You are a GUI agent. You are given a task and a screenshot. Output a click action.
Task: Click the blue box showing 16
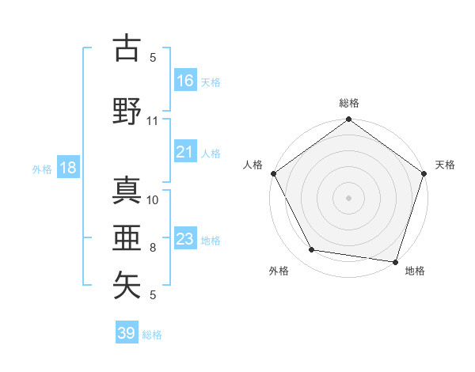[185, 81]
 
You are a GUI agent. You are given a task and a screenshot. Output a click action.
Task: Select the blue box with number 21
[185, 152]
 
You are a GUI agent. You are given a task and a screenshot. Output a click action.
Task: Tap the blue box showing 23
[185, 239]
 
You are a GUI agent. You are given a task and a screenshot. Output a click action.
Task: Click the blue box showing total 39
[127, 333]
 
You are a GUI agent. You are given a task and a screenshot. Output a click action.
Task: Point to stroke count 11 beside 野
[153, 121]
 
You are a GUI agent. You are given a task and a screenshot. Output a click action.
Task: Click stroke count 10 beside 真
[153, 199]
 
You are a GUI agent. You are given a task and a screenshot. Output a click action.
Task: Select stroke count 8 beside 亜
[153, 247]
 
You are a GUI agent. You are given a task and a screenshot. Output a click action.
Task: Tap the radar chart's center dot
[348, 197]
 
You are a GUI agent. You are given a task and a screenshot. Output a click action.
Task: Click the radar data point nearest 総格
[348, 120]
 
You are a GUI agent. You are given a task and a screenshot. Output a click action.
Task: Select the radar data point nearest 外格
[312, 250]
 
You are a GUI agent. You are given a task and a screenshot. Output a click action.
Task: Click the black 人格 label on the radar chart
[253, 165]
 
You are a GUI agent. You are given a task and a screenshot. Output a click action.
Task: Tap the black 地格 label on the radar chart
[415, 271]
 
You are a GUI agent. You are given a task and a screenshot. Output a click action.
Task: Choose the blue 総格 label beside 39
[153, 335]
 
